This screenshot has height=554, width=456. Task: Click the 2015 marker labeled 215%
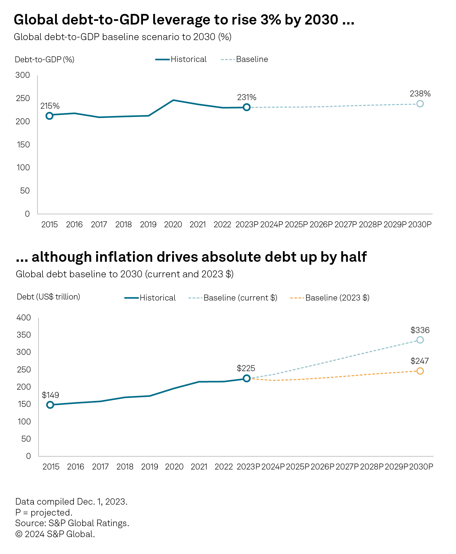tap(49, 116)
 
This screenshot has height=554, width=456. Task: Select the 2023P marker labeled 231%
tap(246, 107)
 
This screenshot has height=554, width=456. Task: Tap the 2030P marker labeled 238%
tap(420, 104)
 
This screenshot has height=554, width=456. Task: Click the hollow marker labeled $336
tap(420, 340)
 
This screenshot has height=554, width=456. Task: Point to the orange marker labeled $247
tap(420, 371)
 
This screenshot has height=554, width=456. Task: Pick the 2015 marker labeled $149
tap(50, 405)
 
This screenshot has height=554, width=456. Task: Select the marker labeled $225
tap(246, 378)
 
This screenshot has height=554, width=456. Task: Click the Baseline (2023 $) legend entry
tap(330, 298)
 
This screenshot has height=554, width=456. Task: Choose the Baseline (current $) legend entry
tap(233, 298)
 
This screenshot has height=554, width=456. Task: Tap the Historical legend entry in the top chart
tap(181, 59)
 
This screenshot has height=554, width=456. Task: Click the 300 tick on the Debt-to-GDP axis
tap(23, 75)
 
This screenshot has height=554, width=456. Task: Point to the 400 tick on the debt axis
tap(24, 318)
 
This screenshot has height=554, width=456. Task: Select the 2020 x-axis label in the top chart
tap(173, 225)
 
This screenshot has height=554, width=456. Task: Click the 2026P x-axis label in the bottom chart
tap(322, 467)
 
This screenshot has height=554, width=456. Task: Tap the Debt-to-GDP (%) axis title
tap(44, 60)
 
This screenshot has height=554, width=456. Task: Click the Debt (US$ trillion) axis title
tap(48, 297)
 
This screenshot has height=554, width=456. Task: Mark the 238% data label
tap(420, 94)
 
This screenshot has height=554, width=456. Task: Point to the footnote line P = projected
tap(44, 513)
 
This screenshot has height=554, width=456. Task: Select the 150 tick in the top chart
tap(23, 144)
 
